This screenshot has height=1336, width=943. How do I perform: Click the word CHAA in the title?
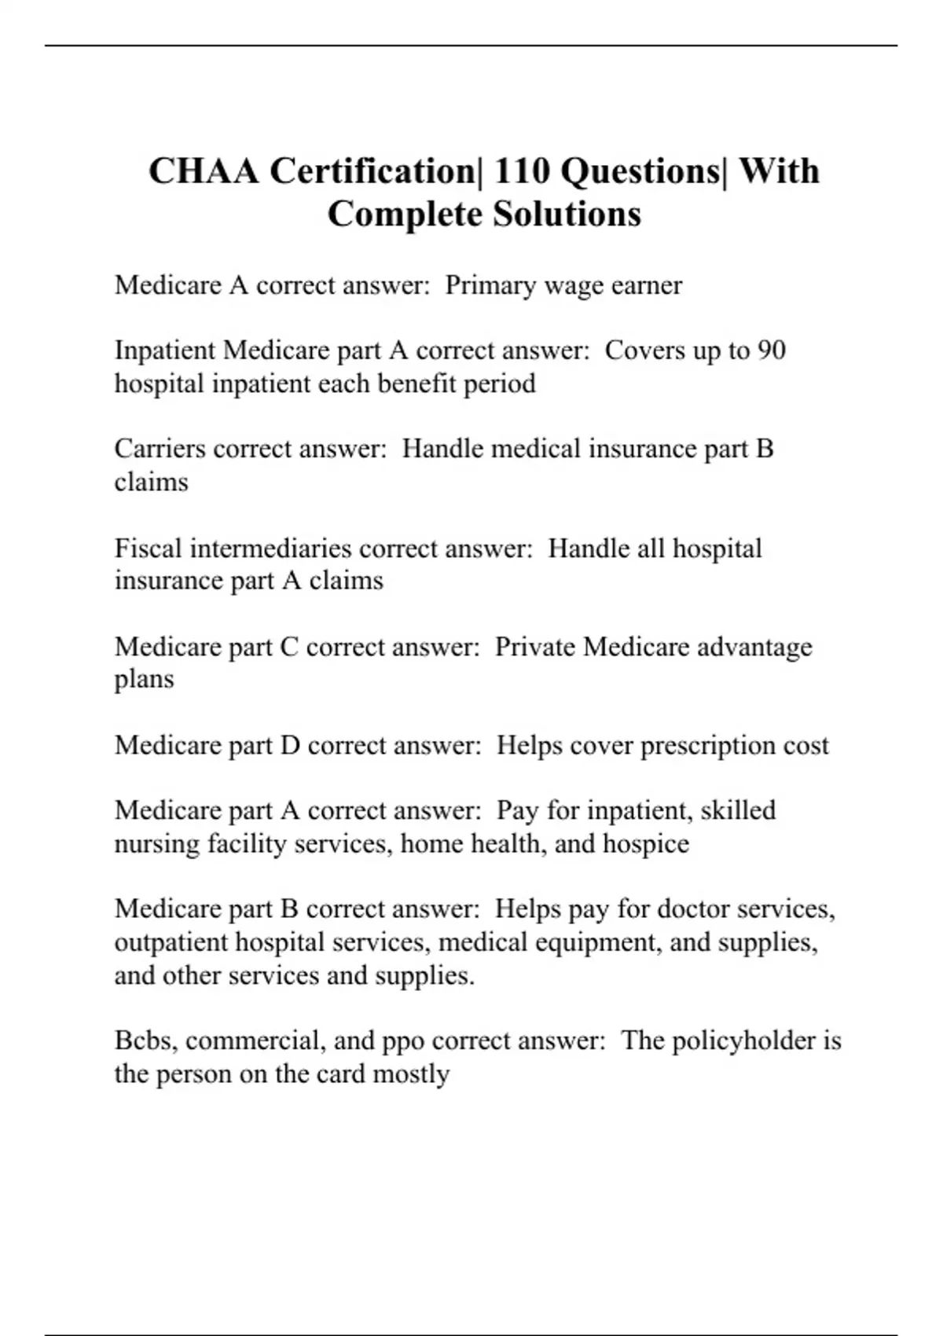pyautogui.click(x=204, y=171)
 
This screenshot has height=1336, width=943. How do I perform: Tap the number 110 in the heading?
pyautogui.click(x=523, y=171)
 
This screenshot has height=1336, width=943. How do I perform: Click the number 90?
pyautogui.click(x=772, y=351)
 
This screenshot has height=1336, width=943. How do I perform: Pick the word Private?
pyautogui.click(x=535, y=647)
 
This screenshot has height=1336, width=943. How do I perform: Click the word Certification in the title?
pyautogui.click(x=376, y=171)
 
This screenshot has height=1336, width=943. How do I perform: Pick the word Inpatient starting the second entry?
pyautogui.click(x=165, y=351)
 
